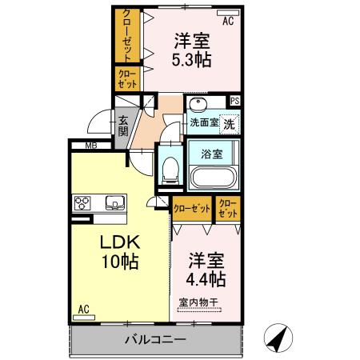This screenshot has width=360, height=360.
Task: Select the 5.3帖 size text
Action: click(191, 58)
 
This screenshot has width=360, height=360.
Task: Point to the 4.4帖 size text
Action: click(206, 279)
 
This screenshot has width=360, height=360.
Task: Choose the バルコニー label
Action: click(155, 340)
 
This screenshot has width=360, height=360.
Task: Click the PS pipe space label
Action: click(234, 101)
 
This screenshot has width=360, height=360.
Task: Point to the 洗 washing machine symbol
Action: click(229, 125)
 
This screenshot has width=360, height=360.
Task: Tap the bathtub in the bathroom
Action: click(212, 177)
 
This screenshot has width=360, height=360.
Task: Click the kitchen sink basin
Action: click(113, 202)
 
